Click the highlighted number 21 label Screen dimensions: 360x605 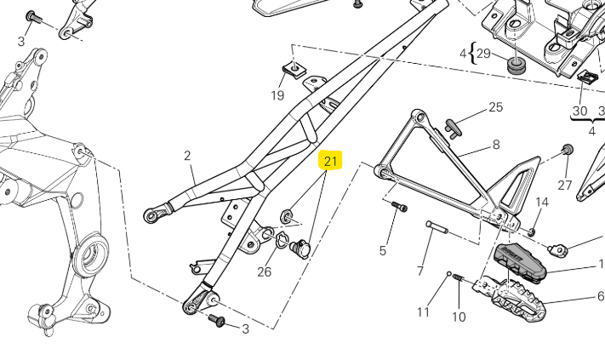pyautogui.click(x=331, y=161)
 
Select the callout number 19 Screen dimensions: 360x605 pyautogui.click(x=277, y=95)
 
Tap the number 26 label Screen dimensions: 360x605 pyautogui.click(x=265, y=271)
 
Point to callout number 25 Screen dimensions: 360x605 pyautogui.click(x=495, y=107)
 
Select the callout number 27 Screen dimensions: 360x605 pyautogui.click(x=564, y=185)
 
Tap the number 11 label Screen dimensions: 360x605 pyautogui.click(x=423, y=311)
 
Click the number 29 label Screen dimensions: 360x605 pyautogui.click(x=483, y=54)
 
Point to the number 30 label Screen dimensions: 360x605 pyautogui.click(x=579, y=111)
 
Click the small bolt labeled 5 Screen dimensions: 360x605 pyautogui.click(x=399, y=207)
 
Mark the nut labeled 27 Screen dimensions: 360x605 pyautogui.click(x=568, y=151)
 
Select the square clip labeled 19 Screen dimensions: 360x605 pyautogui.click(x=293, y=69)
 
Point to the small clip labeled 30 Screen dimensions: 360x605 pyautogui.click(x=585, y=77)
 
